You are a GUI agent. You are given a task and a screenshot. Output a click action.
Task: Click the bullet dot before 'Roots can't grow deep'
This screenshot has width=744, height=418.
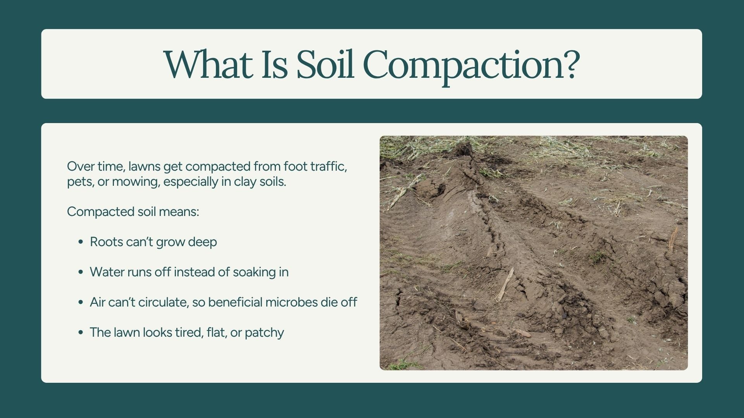click(81, 242)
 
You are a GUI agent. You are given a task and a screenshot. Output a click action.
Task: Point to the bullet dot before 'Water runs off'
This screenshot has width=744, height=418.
click(81, 272)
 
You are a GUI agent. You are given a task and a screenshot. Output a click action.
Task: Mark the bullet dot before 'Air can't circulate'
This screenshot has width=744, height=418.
click(81, 302)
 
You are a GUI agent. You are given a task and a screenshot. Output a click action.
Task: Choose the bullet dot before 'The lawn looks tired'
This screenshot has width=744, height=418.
click(81, 332)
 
